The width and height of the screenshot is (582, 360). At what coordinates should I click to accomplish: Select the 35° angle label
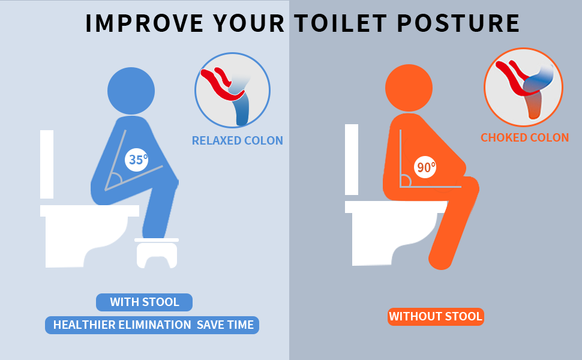coord(137,160)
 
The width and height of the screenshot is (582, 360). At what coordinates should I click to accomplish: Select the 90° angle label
coord(426,167)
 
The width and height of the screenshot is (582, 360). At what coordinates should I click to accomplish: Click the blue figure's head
coord(131,91)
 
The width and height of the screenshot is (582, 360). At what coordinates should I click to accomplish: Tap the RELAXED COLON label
coord(237,141)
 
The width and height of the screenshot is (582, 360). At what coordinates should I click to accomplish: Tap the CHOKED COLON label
coord(524,137)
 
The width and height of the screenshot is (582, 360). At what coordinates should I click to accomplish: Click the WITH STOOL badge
coord(144,302)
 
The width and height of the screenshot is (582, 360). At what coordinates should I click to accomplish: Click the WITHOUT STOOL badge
coord(436,316)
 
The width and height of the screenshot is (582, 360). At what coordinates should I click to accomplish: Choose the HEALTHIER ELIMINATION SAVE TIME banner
coord(152,325)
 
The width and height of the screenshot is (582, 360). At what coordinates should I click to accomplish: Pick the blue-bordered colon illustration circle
coord(232,91)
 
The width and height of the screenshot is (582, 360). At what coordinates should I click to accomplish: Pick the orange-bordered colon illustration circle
coord(523,86)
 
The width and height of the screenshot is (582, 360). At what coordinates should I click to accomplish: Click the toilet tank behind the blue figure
coord(47,163)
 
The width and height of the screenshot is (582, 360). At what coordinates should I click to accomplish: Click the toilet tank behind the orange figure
coord(352,159)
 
